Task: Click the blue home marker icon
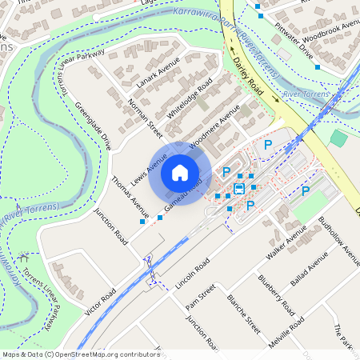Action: tap(180, 173)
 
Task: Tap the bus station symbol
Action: tap(238, 190)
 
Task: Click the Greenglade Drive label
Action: tap(93, 126)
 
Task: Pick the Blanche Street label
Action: tap(243, 313)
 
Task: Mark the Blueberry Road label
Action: tap(277, 295)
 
